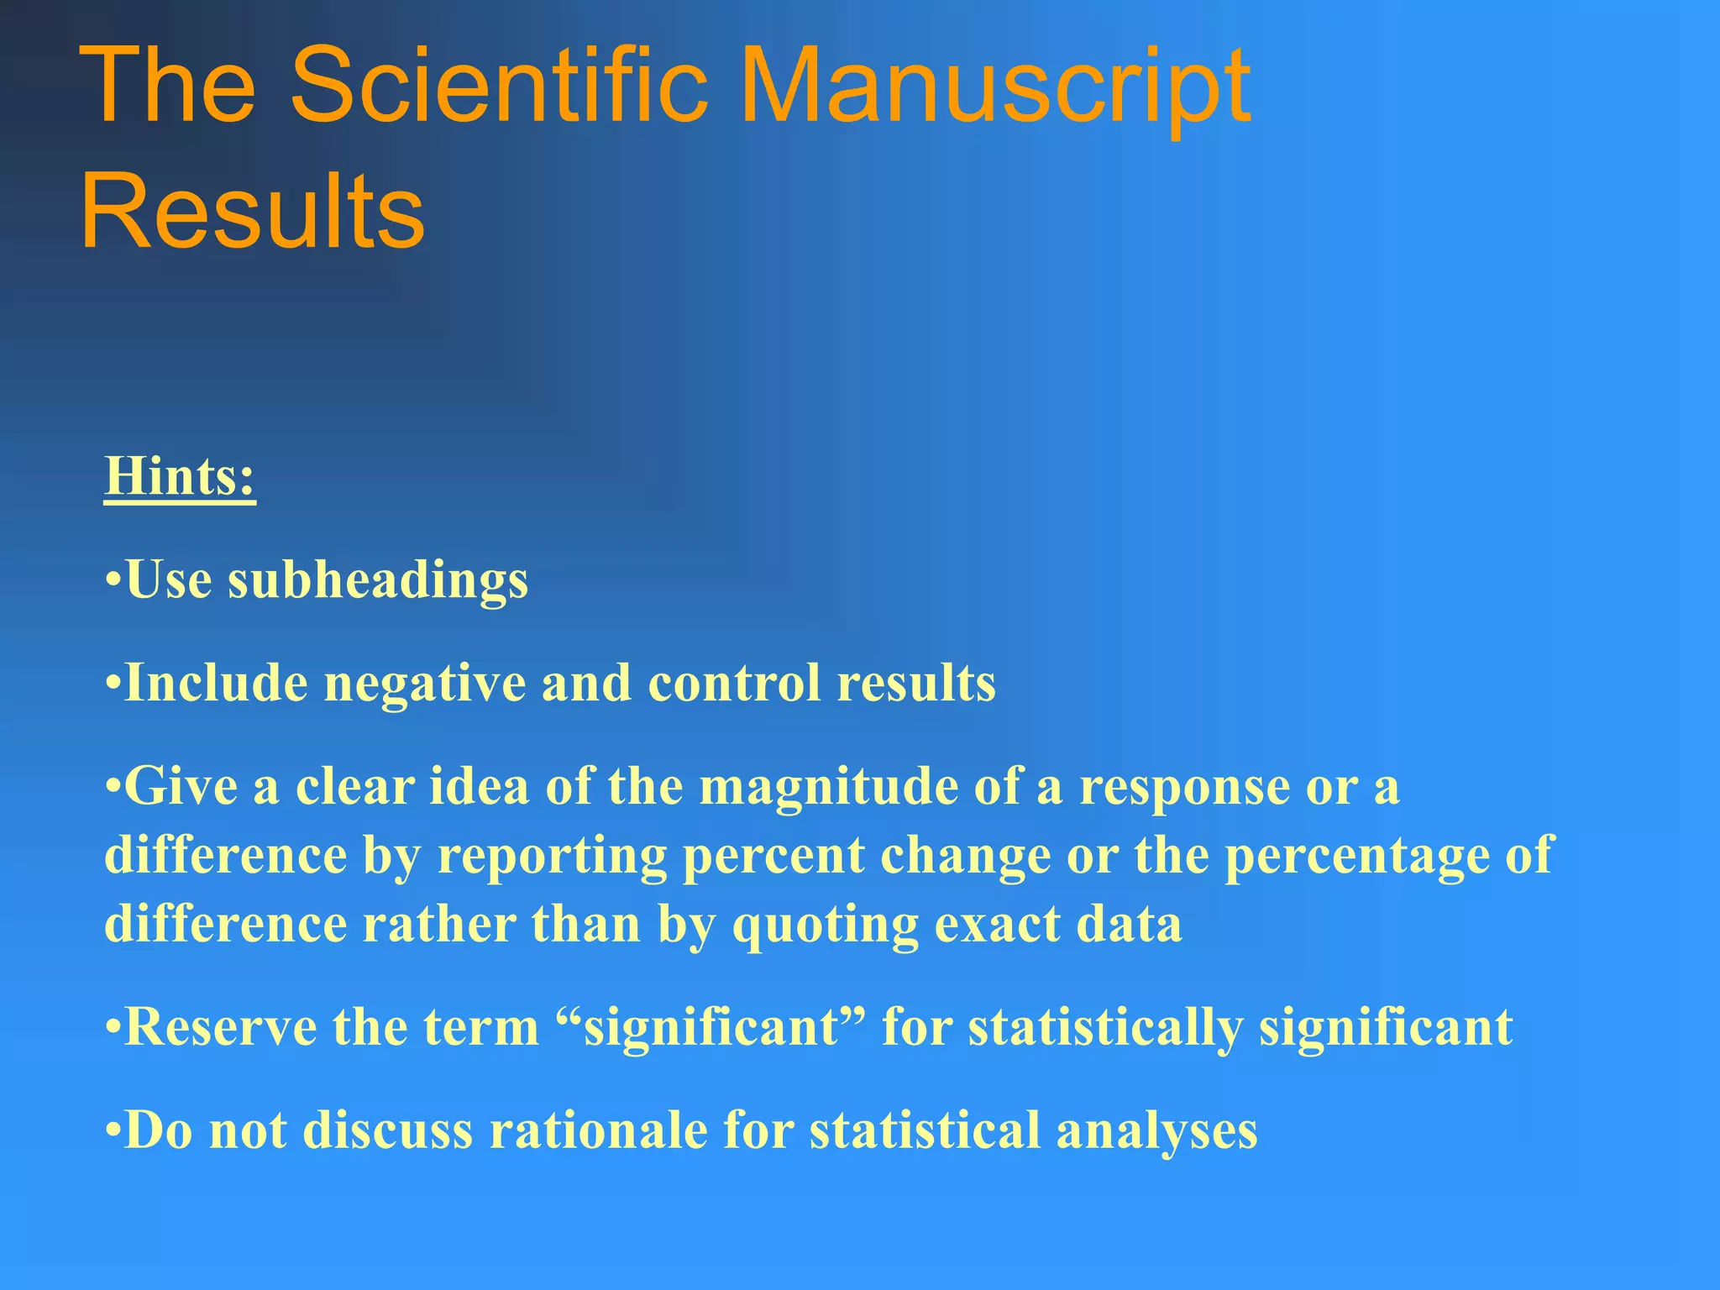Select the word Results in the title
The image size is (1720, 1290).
click(253, 210)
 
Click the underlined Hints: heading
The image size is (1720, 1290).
click(180, 476)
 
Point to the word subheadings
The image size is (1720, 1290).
click(378, 581)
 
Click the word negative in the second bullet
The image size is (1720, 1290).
click(424, 684)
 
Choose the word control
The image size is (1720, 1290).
click(733, 682)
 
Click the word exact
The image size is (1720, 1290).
click(996, 926)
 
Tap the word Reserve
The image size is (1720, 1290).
click(221, 1027)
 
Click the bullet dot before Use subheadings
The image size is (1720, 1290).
click(113, 581)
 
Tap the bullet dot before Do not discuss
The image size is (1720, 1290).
click(113, 1130)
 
